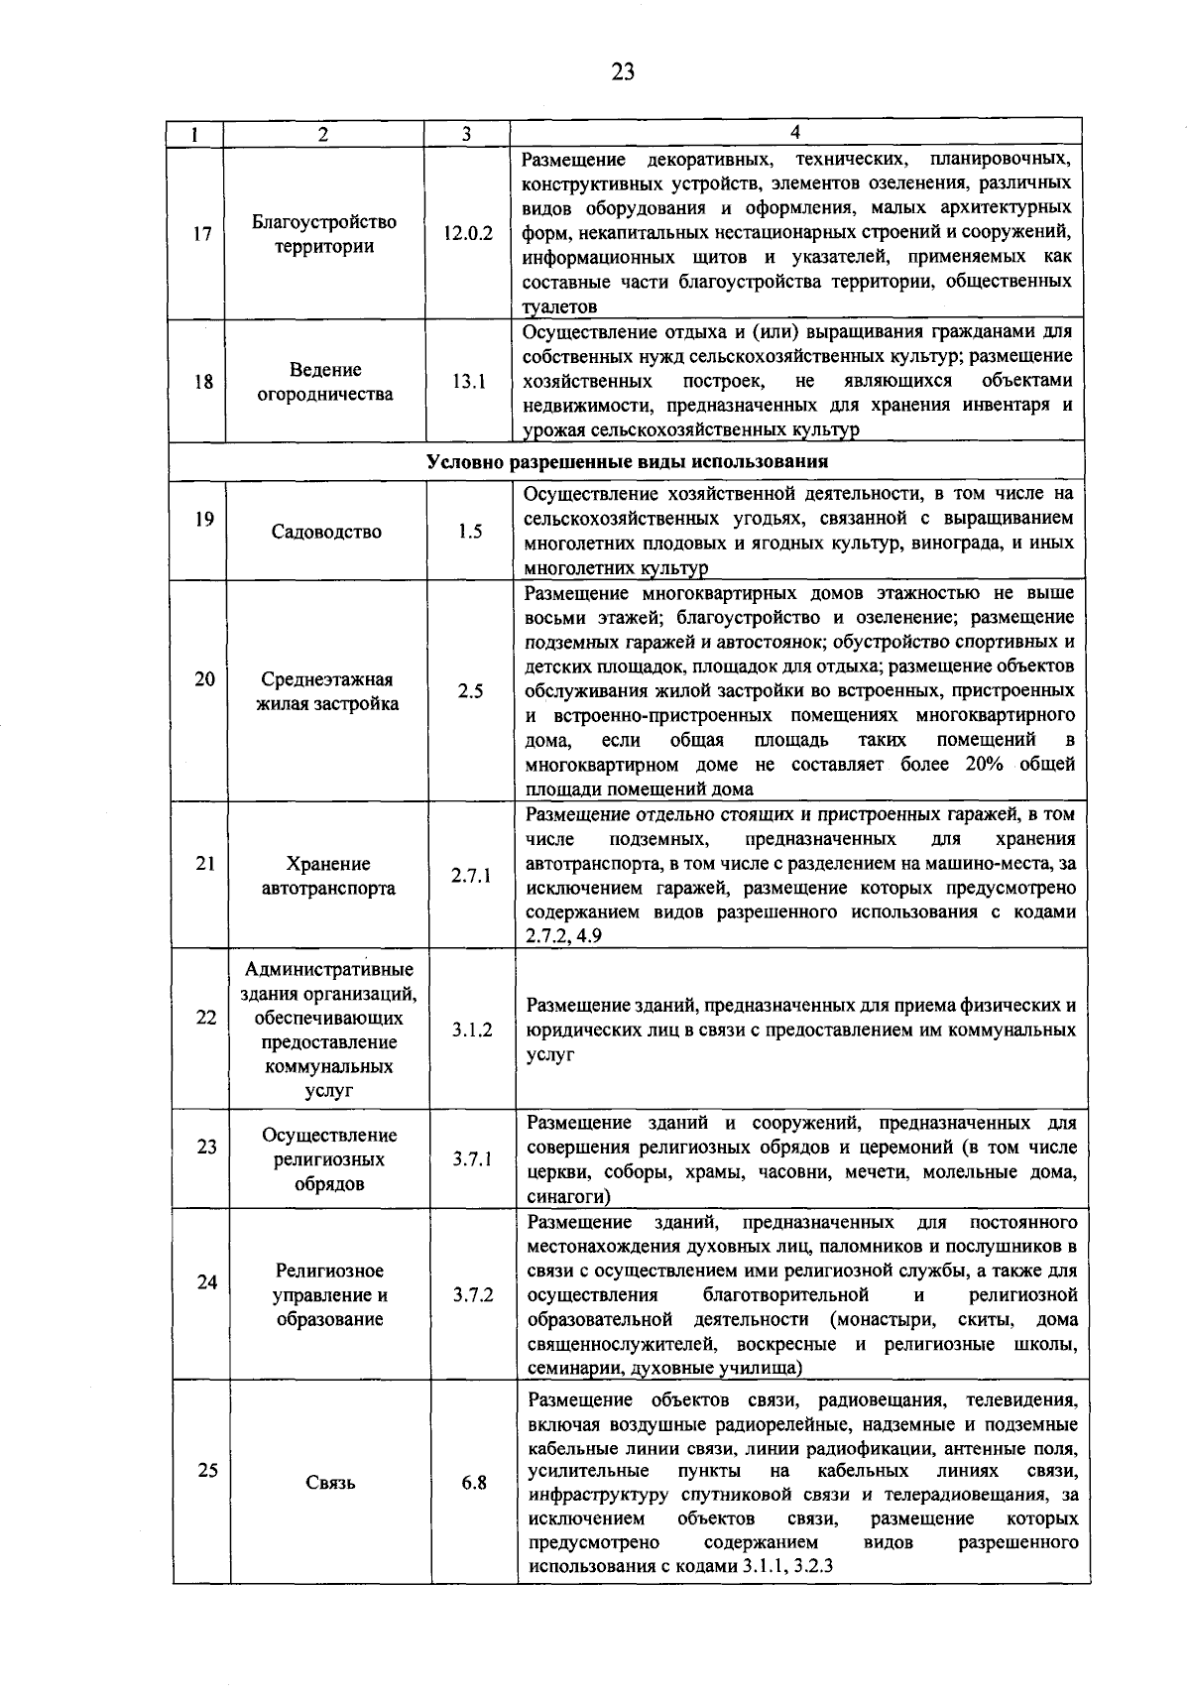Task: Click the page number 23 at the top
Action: [x=623, y=70]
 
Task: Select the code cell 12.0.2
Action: [x=467, y=234]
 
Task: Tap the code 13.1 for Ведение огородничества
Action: [x=468, y=381]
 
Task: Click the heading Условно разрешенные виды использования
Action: [x=627, y=462]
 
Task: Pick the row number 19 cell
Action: [x=203, y=518]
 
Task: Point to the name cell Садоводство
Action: [x=326, y=532]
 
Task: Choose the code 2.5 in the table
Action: [x=470, y=691]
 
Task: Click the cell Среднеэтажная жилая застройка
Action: [x=327, y=691]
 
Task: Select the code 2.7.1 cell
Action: [x=471, y=876]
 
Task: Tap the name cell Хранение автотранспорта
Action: [x=327, y=876]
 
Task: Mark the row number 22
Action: [x=205, y=1018]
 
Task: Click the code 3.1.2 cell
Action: [x=472, y=1031]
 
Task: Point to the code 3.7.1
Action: [x=472, y=1158]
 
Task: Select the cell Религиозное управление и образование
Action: [x=329, y=1294]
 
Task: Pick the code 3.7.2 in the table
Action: [x=473, y=1294]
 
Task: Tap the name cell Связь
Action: [x=330, y=1484]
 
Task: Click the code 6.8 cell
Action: [x=474, y=1484]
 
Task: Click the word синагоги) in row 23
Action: [x=562, y=1196]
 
